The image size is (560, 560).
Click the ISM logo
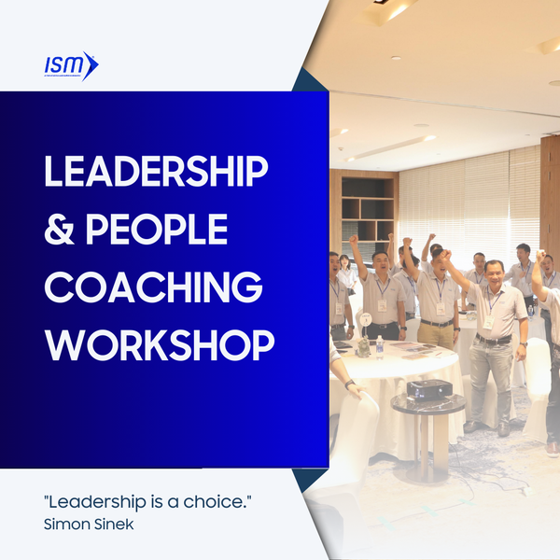[x=71, y=65]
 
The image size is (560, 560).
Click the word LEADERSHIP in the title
[x=156, y=173]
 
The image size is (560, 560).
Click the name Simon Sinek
[x=88, y=524]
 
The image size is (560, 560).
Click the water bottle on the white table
[x=380, y=346]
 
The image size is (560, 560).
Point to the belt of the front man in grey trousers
[x=492, y=340]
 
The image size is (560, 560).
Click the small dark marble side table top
[x=427, y=402]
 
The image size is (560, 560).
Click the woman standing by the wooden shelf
[x=347, y=274]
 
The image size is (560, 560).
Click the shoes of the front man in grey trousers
[x=485, y=428]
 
